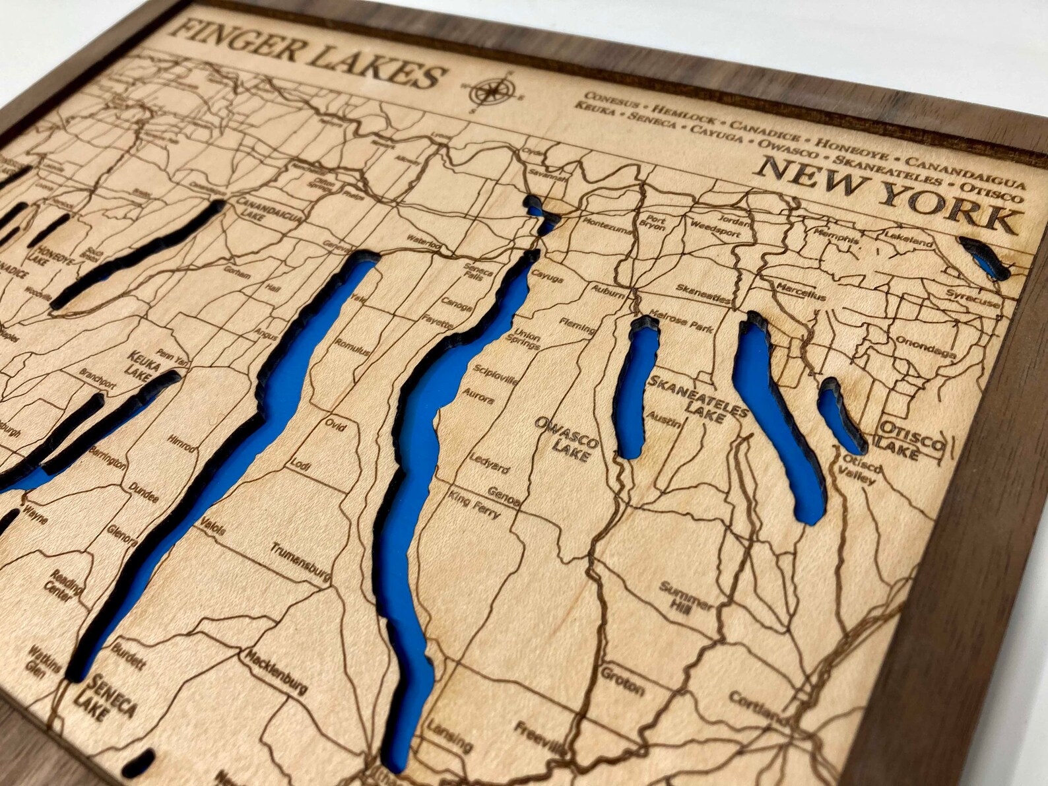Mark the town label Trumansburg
click(x=300, y=562)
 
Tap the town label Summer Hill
click(x=686, y=597)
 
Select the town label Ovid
click(x=335, y=425)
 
